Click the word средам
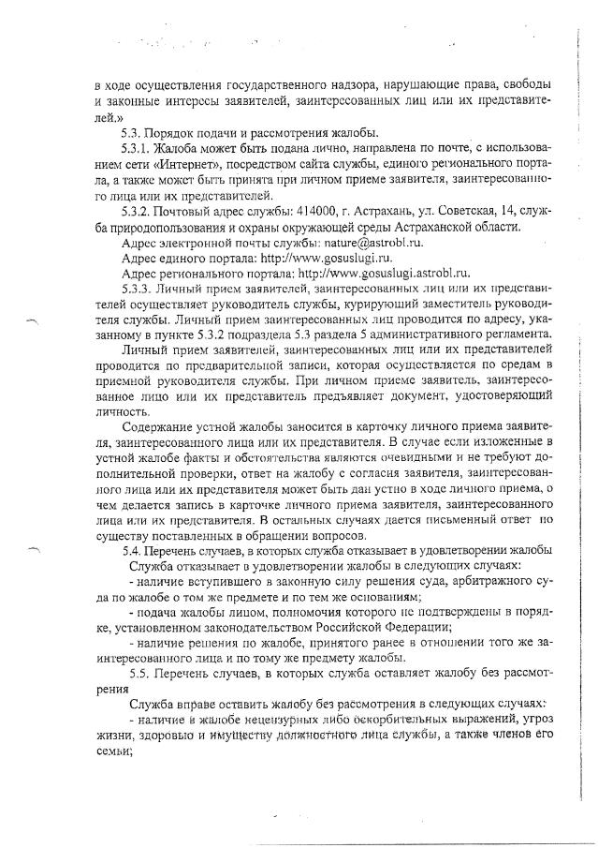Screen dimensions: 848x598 (x=517, y=365)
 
